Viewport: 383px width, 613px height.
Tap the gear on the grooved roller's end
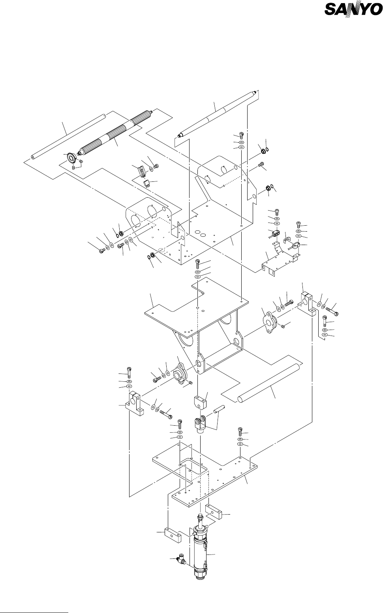(x=72, y=158)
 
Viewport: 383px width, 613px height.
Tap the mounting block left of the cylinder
(x=170, y=534)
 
